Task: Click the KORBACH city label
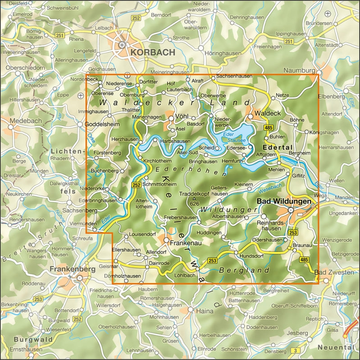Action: point(152,53)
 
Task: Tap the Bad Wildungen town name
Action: point(283,202)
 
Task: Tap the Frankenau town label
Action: point(184,243)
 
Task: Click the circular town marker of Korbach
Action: point(122,45)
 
